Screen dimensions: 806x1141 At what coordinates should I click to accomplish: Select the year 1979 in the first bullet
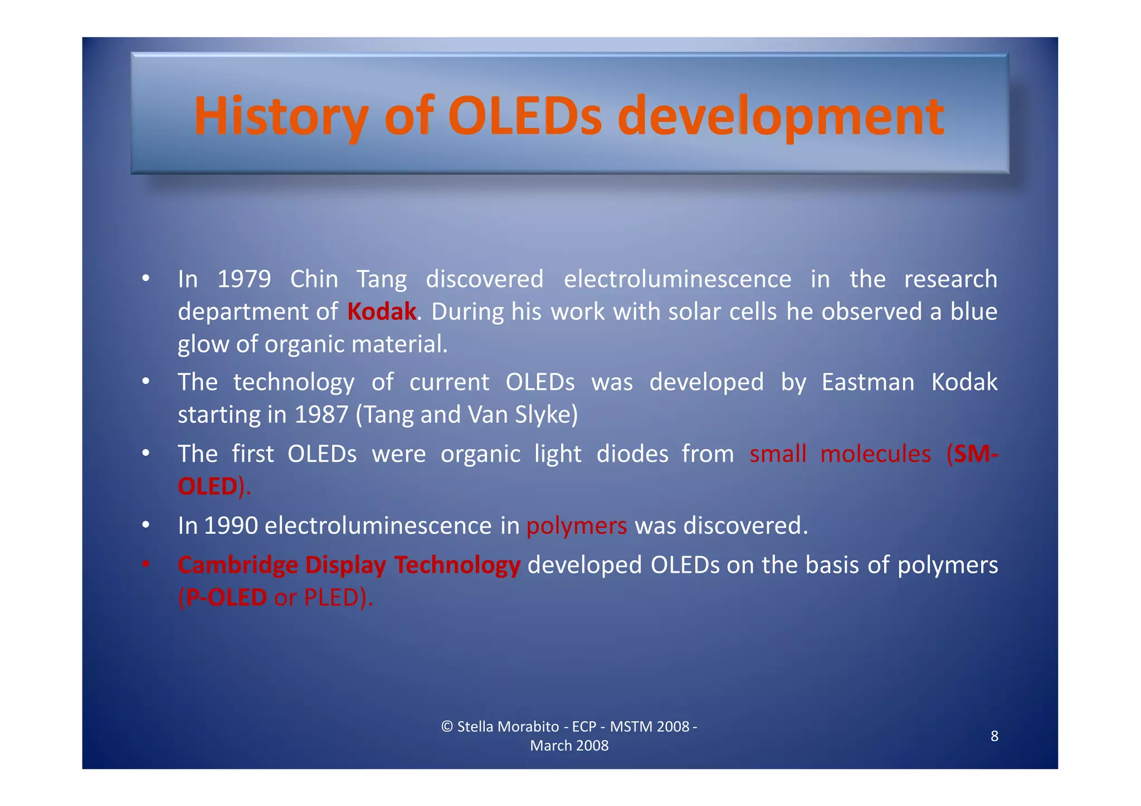pos(244,279)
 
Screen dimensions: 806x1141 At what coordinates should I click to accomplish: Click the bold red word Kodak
pos(382,311)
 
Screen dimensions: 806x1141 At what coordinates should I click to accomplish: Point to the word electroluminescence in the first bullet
pos(677,279)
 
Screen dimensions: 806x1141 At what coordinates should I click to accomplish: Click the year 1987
pos(321,415)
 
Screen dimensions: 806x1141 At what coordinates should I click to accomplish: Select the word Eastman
pos(867,383)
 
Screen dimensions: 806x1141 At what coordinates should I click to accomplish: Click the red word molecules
pos(875,454)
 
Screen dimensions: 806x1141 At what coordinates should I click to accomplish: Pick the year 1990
pos(231,526)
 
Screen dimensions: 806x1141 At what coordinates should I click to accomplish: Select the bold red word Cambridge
pos(238,565)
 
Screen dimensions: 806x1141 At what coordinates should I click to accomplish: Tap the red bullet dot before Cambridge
pos(145,565)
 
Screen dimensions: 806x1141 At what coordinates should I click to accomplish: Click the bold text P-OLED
pos(226,598)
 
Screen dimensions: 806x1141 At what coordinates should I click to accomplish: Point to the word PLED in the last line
pos(331,598)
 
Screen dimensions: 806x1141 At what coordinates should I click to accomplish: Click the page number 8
pos(994,736)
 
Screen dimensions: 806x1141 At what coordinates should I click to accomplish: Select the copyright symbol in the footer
pos(447,727)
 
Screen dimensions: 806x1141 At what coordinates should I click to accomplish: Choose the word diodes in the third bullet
pos(632,454)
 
